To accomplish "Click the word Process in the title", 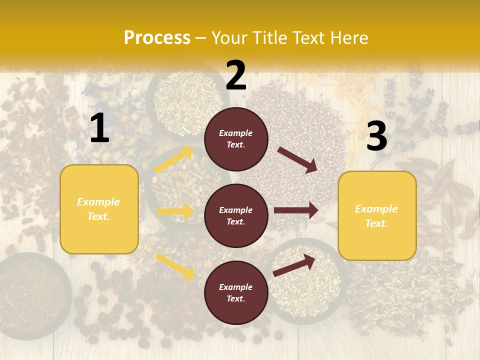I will point(157,38).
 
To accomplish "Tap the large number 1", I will point(99,129).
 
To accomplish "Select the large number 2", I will point(236,76).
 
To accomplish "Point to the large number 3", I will point(376,136).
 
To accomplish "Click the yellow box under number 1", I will point(99,209).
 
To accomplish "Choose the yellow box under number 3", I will point(377,215).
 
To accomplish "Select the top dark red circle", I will point(236,139).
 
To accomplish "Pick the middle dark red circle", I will point(236,215).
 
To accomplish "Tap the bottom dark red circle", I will point(236,292).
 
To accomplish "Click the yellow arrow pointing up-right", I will point(174,159).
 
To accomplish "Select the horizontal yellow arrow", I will point(175,211).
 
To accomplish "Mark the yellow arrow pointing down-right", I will point(175,266).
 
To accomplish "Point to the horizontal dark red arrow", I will point(296,210).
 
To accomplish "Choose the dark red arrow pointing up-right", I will point(294,265).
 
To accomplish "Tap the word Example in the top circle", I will point(236,133).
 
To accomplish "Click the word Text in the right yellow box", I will point(376,223).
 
